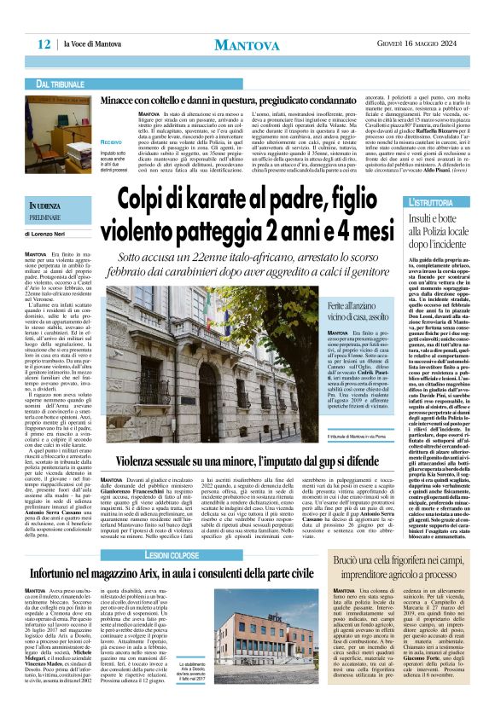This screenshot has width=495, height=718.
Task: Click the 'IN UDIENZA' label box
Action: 55,207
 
